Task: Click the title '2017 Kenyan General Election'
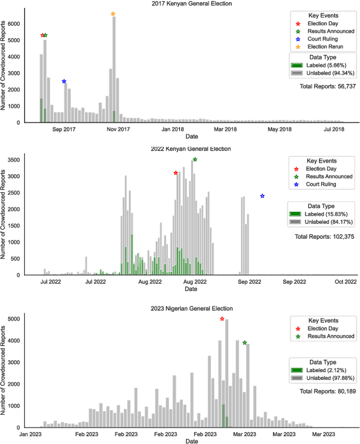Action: click(x=191, y=4)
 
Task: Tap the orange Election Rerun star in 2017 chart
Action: click(x=113, y=14)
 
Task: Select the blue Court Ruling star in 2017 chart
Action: click(x=64, y=81)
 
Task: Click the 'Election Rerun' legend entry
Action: click(x=325, y=47)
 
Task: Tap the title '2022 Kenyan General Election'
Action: click(x=191, y=149)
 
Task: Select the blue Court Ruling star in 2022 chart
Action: click(x=262, y=196)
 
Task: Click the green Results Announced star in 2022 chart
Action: click(x=195, y=160)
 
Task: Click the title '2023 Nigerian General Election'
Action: click(x=191, y=309)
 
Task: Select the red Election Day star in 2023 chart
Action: click(x=222, y=319)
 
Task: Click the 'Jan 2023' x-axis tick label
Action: click(x=31, y=434)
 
